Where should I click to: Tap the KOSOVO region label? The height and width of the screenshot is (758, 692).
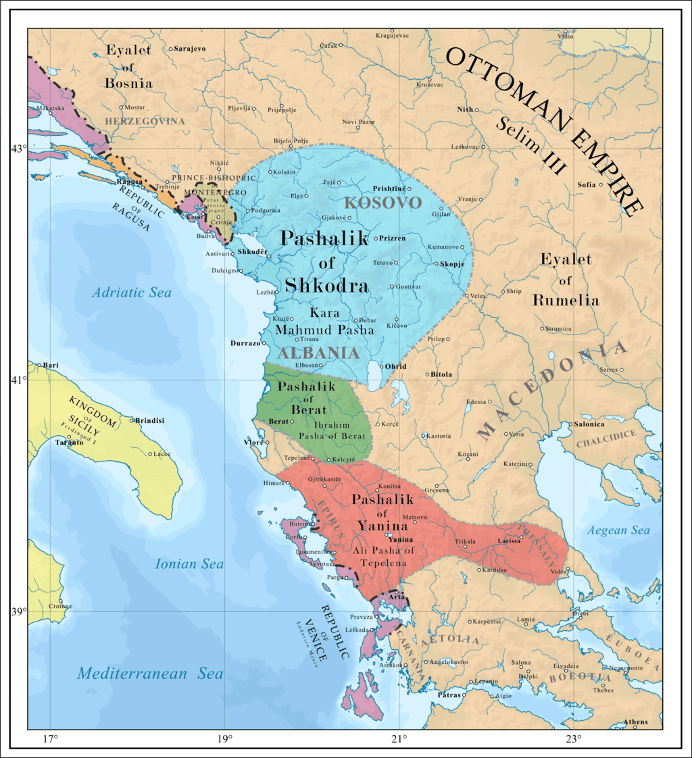pos(382,202)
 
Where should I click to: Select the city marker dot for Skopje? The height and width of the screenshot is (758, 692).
pos(437,263)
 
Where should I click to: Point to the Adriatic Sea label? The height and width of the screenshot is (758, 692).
pos(132,293)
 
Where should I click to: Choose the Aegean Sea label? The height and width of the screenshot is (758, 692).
pos(618,530)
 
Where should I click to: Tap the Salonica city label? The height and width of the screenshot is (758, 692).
pos(588,424)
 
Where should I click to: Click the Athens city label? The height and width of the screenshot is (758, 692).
pos(635,722)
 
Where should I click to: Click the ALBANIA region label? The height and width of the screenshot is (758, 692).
pos(317,353)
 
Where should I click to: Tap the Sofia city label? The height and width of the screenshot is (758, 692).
pos(587,184)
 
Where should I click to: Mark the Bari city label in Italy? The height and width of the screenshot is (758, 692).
pos(51,365)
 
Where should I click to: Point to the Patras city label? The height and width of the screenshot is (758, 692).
pos(449,694)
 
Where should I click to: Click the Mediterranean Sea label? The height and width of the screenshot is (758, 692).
pos(150,673)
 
